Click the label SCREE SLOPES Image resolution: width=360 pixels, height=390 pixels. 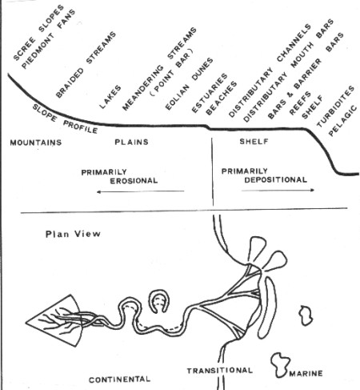(38, 33)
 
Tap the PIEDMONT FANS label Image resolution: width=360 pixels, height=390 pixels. (49, 39)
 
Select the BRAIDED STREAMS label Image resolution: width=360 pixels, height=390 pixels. (86, 65)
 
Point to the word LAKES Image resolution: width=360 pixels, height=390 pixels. (110, 97)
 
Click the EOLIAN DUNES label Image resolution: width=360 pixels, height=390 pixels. (189, 84)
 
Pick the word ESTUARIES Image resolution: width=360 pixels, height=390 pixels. (210, 93)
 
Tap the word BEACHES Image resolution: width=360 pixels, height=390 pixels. (222, 99)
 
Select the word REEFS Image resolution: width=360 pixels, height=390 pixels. (300, 103)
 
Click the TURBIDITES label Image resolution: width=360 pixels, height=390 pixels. (335, 107)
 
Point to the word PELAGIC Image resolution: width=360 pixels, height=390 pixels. (342, 121)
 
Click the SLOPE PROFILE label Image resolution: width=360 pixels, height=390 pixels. (65, 119)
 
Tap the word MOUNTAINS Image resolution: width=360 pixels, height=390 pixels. (36, 143)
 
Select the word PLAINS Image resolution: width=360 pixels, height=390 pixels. (131, 142)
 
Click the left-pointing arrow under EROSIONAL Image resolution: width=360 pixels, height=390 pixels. (141, 191)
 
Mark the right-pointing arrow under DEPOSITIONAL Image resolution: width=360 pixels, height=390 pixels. (278, 191)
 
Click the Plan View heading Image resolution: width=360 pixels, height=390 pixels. (73, 234)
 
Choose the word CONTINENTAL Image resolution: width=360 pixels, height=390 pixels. (119, 380)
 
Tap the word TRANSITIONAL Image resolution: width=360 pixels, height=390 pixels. (219, 371)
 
